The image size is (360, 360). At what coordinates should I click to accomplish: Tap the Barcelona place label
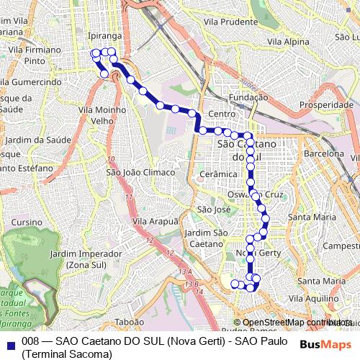tap(325, 153)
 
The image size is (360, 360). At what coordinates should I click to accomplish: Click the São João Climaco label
tap(140, 172)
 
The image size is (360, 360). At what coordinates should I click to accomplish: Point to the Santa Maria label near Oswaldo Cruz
tap(312, 217)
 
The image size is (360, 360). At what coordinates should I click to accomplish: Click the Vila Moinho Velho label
tap(103, 114)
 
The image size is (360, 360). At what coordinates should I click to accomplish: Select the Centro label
tap(221, 114)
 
